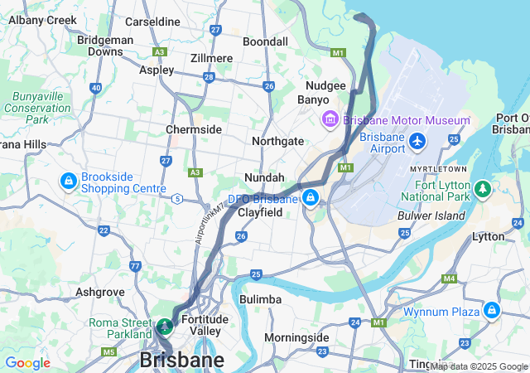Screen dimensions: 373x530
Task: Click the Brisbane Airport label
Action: tap(383, 142)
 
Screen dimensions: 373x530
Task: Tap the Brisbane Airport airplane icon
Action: tap(417, 142)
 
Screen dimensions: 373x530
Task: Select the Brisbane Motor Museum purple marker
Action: tap(330, 120)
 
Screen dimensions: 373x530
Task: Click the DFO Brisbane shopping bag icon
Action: tap(310, 198)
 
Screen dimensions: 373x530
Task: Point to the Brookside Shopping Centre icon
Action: tap(68, 181)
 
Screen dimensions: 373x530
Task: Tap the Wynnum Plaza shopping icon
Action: tap(492, 310)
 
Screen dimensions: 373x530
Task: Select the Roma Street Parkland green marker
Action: tap(165, 326)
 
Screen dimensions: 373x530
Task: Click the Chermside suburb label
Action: tap(194, 129)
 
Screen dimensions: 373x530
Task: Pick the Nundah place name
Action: tap(264, 177)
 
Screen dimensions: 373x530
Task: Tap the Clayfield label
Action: tap(260, 212)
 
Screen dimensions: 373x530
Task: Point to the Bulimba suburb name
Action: tap(260, 298)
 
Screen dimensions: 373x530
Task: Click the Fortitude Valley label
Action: tap(204, 325)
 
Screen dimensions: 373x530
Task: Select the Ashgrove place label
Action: tap(99, 292)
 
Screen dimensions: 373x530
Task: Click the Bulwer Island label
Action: tap(431, 216)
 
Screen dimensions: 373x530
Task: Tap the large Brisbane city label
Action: tap(181, 361)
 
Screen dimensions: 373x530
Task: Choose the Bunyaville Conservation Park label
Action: tap(37, 108)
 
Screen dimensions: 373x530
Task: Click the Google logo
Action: tap(27, 363)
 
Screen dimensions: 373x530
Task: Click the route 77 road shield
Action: tap(135, 266)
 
